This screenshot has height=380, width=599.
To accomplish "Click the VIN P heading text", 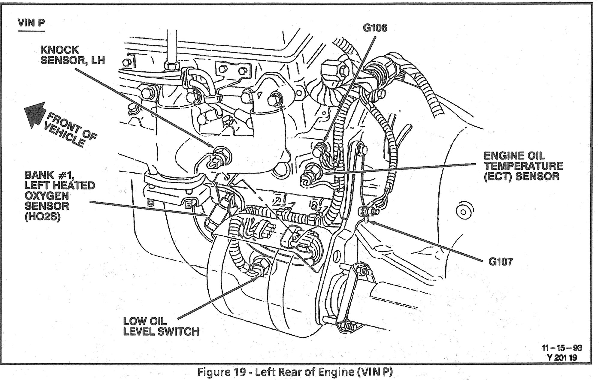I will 31,23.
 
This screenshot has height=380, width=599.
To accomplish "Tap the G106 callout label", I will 375,28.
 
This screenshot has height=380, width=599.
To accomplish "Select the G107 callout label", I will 501,262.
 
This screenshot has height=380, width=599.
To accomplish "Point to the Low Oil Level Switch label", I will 161,327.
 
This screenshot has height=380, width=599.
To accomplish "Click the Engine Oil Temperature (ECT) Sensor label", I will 523,166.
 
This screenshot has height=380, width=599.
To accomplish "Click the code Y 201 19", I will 562,357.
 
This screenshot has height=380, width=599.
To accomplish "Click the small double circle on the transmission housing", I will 463,212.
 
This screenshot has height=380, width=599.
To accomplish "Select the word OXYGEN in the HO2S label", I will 47,196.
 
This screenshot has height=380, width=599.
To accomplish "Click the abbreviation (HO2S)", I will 43,216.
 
